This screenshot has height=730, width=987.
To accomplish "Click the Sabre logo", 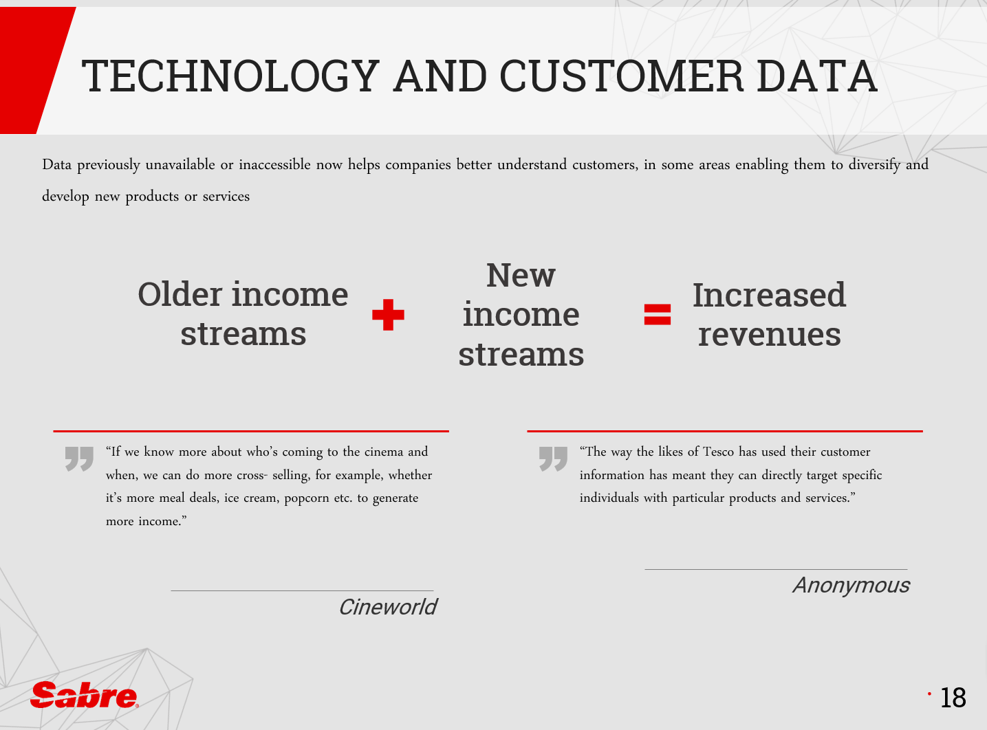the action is tap(84, 694).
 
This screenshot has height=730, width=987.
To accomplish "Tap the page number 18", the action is tap(953, 698).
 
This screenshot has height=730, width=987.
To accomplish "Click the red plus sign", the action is tap(388, 315).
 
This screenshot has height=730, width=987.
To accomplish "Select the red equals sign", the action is tap(658, 315).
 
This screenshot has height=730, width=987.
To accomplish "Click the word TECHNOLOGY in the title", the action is tap(230, 76).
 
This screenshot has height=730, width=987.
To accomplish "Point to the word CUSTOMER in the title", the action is tap(621, 76).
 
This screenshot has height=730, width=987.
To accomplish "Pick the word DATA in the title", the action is tap(817, 76).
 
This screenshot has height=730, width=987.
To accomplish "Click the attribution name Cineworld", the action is tap(388, 607).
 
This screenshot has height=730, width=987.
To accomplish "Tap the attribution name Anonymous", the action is tap(852, 586).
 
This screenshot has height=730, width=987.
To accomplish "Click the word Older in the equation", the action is tap(180, 294).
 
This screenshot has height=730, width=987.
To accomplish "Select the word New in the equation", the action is tap(521, 276).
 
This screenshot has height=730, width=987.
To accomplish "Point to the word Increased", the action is tap(769, 295).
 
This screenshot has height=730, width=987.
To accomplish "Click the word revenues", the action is tap(770, 335).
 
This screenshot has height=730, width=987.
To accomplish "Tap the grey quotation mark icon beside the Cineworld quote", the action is tap(79, 458).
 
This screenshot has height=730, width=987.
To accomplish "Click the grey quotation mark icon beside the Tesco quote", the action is tap(553, 458).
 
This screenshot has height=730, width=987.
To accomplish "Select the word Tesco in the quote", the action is tap(718, 452).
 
